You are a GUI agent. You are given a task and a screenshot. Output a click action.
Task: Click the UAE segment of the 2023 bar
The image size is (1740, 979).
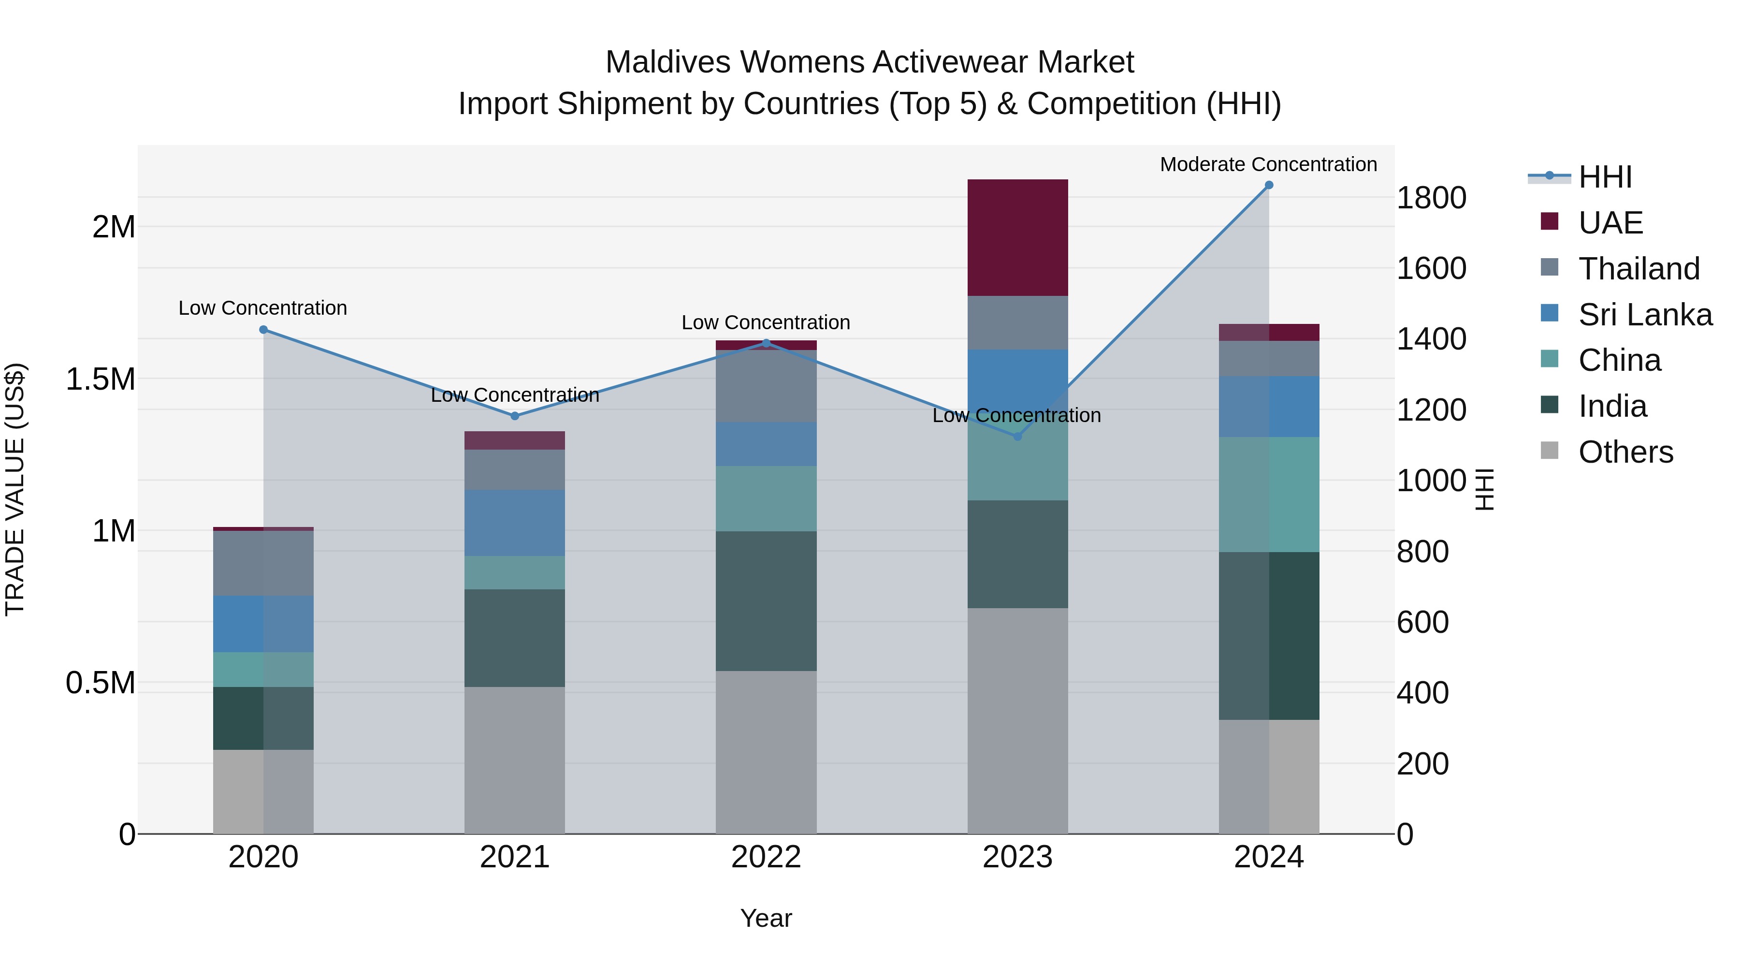[1017, 237]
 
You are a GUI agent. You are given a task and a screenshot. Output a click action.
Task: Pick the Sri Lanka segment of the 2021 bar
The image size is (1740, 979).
[515, 523]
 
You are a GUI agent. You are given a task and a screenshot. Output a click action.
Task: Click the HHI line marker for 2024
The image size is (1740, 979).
[1269, 185]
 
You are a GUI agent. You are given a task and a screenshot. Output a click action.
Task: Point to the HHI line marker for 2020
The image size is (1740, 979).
[263, 330]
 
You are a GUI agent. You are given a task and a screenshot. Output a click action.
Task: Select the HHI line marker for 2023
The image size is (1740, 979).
[1018, 437]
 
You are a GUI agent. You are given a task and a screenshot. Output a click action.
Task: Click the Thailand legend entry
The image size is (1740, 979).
[1638, 269]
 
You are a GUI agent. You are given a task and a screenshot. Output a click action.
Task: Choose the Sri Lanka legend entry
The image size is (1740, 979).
[1645, 315]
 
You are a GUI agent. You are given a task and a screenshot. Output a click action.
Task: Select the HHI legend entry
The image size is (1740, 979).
[1605, 177]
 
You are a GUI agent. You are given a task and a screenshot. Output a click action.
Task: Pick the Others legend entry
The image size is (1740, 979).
[1625, 452]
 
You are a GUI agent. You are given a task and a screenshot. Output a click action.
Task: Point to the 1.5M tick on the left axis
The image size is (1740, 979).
[100, 379]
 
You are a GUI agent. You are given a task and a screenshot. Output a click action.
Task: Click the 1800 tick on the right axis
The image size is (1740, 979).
[1431, 198]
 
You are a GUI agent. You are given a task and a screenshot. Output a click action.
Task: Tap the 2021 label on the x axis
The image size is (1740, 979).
[515, 857]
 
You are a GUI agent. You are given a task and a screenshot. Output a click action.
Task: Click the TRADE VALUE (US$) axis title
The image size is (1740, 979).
[15, 489]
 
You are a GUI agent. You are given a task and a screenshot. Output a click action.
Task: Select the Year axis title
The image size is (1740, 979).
[766, 918]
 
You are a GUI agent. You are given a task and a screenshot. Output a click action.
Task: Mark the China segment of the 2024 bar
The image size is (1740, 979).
[1269, 495]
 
